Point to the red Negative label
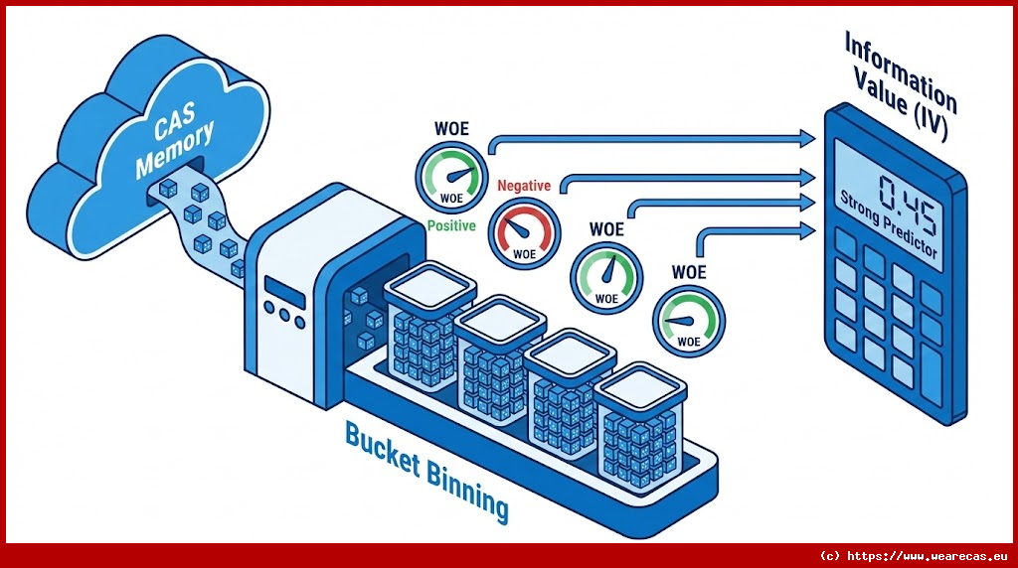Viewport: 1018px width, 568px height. click(523, 186)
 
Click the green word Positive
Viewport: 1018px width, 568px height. click(452, 225)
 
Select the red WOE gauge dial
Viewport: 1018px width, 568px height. click(523, 231)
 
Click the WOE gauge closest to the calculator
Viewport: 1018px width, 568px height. click(689, 319)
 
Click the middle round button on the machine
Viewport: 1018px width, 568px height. click(284, 318)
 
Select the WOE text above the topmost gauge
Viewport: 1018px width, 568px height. click(451, 129)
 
